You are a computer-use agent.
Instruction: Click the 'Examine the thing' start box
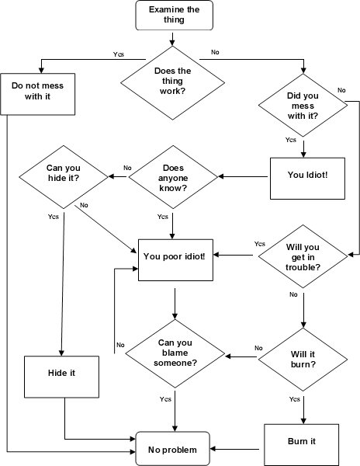point(171,14)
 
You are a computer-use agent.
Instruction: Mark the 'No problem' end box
point(173,449)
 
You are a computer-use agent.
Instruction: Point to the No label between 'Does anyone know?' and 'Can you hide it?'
point(127,169)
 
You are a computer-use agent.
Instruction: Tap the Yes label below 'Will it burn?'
point(293,398)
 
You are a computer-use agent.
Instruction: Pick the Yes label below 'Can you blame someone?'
point(165,399)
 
